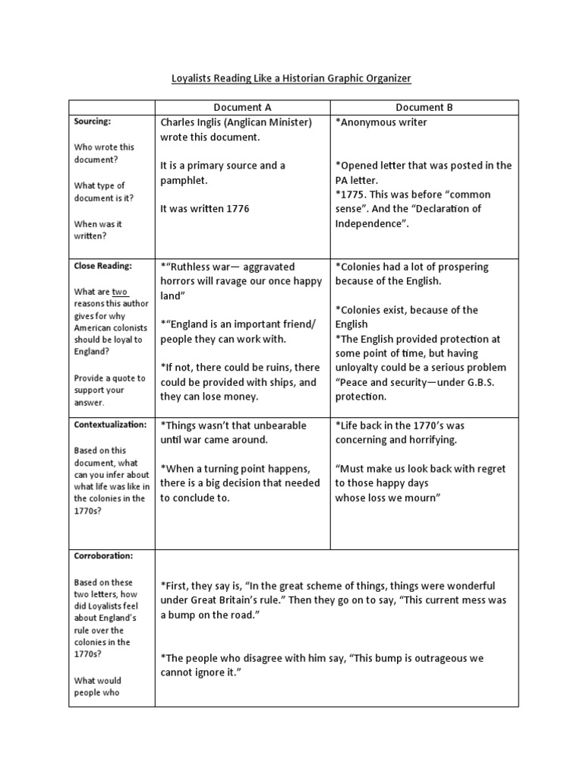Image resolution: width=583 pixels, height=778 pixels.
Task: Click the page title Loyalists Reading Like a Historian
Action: pyautogui.click(x=291, y=78)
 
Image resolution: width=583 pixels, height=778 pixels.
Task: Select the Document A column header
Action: pyautogui.click(x=242, y=108)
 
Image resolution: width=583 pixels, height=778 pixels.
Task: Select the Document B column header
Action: pyautogui.click(x=424, y=108)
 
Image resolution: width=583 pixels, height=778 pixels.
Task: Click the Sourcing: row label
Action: pyautogui.click(x=92, y=122)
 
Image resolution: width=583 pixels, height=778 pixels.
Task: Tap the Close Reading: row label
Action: pyautogui.click(x=103, y=266)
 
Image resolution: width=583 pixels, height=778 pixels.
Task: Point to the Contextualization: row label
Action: pyautogui.click(x=110, y=424)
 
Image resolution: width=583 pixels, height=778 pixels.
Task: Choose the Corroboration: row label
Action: pyautogui.click(x=104, y=555)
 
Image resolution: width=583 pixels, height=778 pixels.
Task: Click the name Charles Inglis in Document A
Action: pyautogui.click(x=194, y=122)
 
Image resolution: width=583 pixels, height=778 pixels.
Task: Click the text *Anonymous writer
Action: pyautogui.click(x=381, y=122)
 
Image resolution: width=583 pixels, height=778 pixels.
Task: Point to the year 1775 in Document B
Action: pyautogui.click(x=355, y=194)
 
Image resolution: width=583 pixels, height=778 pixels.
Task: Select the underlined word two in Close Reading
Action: pyautogui.click(x=120, y=292)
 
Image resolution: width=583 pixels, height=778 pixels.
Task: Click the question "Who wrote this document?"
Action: pyautogui.click(x=104, y=153)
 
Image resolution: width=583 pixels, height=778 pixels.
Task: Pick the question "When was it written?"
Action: pyautogui.click(x=98, y=230)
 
